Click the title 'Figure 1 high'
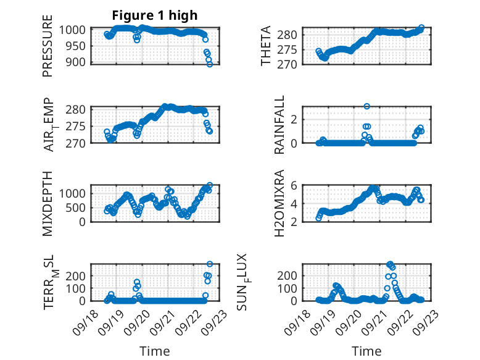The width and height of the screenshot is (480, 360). tap(155, 15)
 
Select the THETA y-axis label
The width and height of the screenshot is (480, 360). tap(267, 46)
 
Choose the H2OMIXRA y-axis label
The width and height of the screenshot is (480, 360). tap(279, 203)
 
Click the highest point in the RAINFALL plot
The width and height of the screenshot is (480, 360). tap(366, 106)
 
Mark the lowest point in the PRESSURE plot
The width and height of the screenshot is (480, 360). tap(210, 64)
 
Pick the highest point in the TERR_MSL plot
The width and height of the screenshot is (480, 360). tap(210, 264)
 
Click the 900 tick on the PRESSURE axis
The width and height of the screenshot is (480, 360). tap(78, 62)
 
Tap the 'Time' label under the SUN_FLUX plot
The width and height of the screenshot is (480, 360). tap(366, 351)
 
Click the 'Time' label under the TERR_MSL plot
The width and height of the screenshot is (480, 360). tap(155, 351)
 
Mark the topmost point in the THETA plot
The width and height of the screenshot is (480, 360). tap(421, 28)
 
